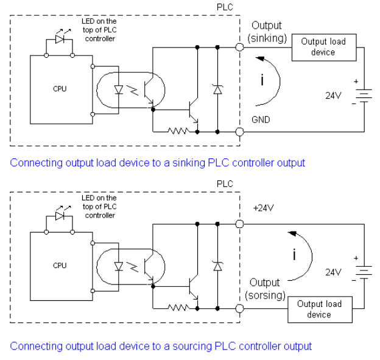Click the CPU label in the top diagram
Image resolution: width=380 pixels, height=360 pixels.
tap(60, 89)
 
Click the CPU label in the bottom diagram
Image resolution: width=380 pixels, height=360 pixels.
tap(60, 266)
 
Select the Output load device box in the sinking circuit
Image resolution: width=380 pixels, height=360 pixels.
tap(324, 48)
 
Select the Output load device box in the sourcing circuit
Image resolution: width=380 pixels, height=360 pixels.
tap(320, 309)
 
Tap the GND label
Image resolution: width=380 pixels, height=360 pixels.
tap(261, 120)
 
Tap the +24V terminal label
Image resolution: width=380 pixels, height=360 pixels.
tap(264, 208)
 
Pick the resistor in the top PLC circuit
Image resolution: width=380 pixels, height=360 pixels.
tap(179, 131)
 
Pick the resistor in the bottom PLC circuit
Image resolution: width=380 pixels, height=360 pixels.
tap(179, 308)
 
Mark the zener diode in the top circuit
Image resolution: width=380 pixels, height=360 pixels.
tap(217, 90)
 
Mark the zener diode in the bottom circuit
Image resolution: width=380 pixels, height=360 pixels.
tap(217, 266)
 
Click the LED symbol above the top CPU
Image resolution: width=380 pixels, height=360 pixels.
tap(60, 39)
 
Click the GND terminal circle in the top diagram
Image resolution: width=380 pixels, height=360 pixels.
tap(240, 132)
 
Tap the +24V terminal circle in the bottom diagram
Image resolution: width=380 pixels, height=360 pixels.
tap(240, 224)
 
